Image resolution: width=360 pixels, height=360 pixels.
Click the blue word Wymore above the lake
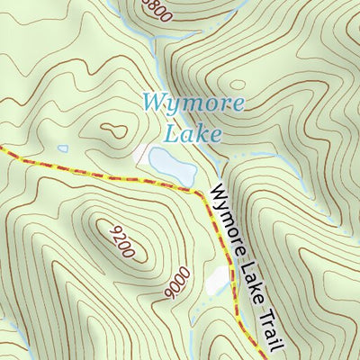click(193, 102)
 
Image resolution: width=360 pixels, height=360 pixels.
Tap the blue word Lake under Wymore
click(192, 134)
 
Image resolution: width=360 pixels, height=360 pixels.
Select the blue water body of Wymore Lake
click(173, 163)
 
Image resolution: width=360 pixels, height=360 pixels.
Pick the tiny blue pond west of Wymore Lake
click(62, 148)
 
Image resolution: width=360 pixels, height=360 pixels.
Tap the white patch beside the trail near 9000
click(217, 281)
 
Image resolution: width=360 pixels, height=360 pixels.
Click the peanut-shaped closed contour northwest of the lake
click(112, 130)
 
